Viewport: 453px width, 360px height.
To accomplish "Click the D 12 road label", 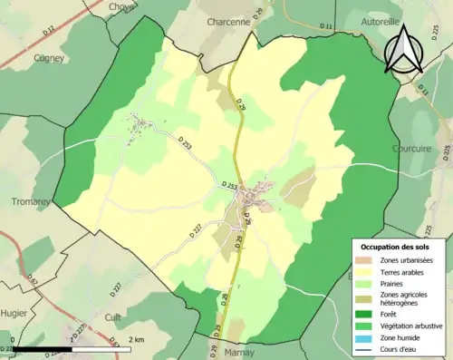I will click(48, 33).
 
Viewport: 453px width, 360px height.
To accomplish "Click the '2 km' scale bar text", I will click(136, 339).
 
